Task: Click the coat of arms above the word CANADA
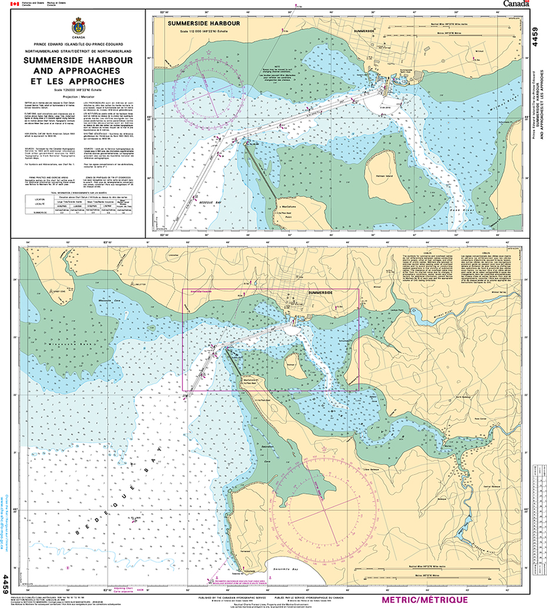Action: [x=77, y=26]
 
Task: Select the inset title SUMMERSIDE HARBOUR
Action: [x=203, y=23]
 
